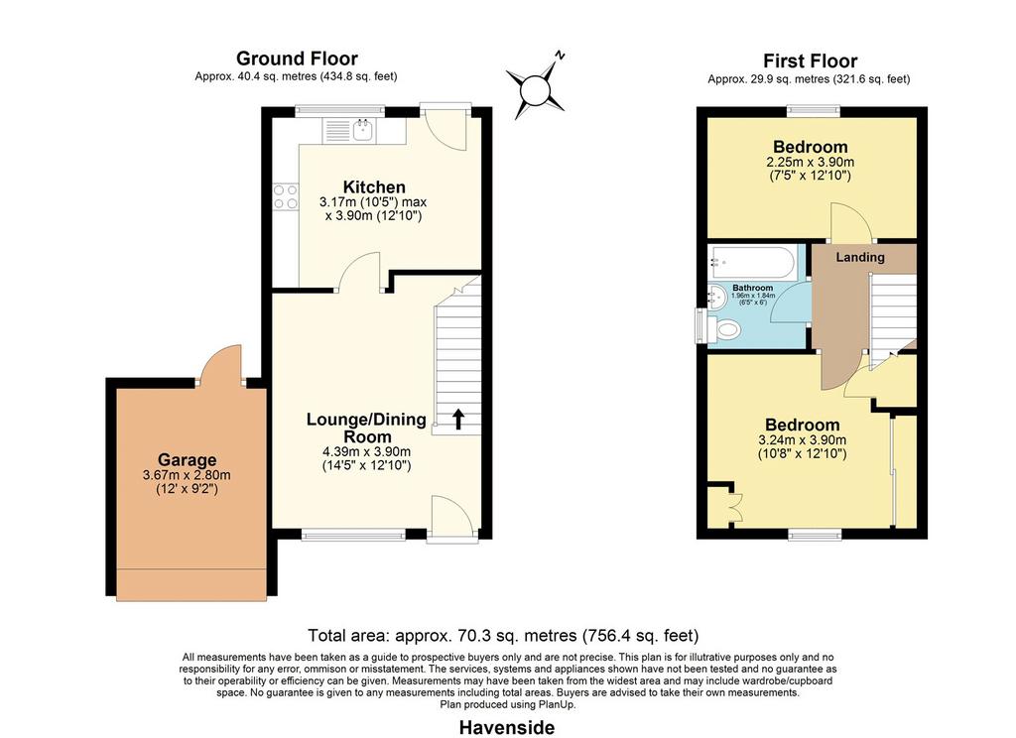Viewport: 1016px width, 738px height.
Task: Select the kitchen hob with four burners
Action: click(x=286, y=197)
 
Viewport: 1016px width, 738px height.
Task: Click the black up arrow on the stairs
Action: click(x=458, y=420)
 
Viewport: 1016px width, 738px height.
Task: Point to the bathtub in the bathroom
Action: click(x=752, y=263)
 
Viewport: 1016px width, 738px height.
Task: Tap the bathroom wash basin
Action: click(x=717, y=298)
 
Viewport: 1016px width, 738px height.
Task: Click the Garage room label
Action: click(x=188, y=460)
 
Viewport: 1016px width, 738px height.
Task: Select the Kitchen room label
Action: click(x=374, y=187)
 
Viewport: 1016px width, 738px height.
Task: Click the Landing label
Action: click(x=860, y=257)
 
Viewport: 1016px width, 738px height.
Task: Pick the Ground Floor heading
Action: click(x=297, y=59)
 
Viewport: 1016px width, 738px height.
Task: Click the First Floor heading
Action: click(x=810, y=61)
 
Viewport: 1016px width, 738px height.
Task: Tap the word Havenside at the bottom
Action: click(x=507, y=728)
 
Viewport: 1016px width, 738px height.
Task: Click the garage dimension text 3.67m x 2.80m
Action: click(x=187, y=475)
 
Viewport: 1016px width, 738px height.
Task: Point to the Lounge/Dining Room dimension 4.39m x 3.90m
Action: click(x=367, y=451)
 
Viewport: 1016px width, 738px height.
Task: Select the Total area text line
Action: click(x=503, y=635)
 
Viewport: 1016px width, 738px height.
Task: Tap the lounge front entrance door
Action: click(x=453, y=518)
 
